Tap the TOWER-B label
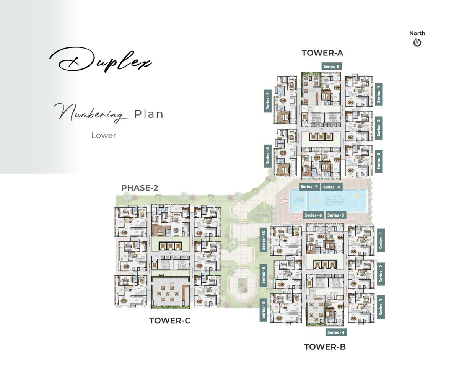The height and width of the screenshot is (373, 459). tap(325, 347)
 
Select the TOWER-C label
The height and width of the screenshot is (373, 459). tap(170, 321)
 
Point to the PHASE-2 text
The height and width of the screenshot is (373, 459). tap(140, 188)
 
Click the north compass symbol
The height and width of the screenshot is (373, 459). tap(417, 43)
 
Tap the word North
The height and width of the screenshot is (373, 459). tap(417, 33)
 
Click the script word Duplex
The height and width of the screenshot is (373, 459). tap(100, 60)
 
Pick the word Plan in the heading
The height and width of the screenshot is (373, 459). tap(149, 114)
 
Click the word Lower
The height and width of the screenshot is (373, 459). tap(104, 135)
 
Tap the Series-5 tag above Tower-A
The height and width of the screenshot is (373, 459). tap(331, 66)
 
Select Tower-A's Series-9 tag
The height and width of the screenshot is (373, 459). tap(268, 101)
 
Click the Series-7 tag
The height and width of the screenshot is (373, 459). tap(309, 187)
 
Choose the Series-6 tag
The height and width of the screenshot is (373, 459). tap(314, 215)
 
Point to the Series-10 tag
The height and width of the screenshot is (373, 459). tap(264, 240)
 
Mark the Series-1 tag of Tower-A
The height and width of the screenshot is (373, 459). tap(379, 93)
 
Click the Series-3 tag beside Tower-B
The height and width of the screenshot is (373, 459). tap(381, 307)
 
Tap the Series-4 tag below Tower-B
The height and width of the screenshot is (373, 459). tap(336, 332)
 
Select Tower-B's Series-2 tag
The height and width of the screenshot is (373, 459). tap(381, 273)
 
